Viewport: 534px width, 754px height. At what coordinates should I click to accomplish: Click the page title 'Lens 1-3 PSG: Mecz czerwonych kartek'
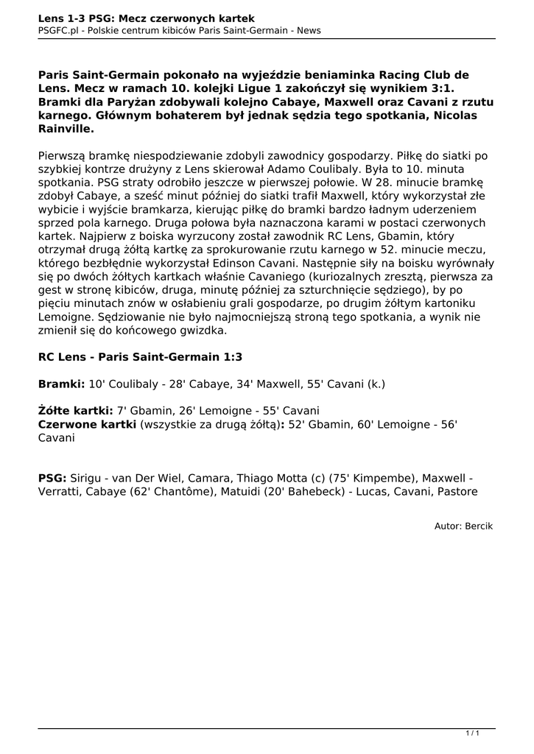coord(147,17)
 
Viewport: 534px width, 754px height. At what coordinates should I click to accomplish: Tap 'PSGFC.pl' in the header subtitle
coord(60,30)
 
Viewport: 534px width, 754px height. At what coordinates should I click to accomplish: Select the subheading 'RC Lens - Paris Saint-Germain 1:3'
coord(140,357)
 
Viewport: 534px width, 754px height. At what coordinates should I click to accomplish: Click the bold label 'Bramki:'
coord(62,384)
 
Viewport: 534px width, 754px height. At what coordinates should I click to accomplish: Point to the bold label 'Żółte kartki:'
coord(75,410)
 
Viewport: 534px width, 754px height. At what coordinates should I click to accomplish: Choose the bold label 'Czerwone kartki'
coord(87,424)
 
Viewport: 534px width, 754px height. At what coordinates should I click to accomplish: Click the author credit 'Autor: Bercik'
coord(463,526)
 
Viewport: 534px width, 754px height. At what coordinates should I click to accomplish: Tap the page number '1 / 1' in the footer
coord(473,733)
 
